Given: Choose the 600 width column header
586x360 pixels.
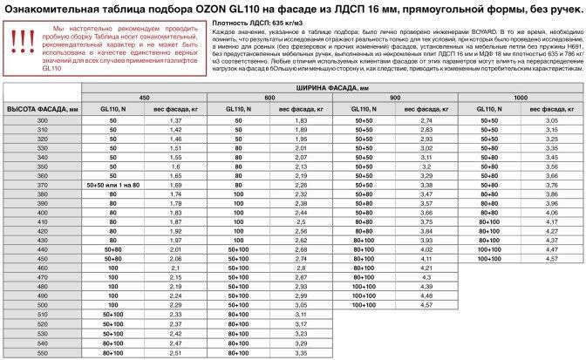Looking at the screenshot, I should tap(270, 97).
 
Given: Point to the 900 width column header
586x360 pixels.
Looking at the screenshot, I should tap(396, 97).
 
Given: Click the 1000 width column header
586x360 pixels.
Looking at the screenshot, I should tap(521, 97).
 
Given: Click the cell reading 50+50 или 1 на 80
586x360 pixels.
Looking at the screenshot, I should tap(112, 185).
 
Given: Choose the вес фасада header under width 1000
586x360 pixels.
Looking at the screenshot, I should tap(550, 108).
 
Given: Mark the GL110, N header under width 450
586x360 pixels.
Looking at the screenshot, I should tap(112, 108).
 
